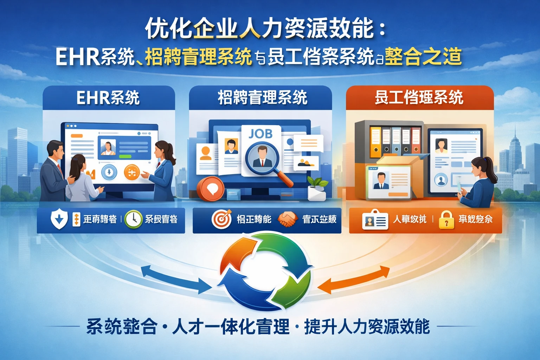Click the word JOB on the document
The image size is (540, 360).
[x=261, y=134]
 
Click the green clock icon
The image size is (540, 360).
[x=133, y=219]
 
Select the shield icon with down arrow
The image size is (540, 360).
[x=59, y=219]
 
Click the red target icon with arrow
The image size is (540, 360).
[x=221, y=219]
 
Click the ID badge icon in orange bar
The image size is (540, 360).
[x=375, y=220]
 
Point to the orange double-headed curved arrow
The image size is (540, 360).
[x=355, y=280]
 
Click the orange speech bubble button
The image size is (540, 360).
[x=211, y=188]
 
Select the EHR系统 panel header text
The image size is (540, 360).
[x=108, y=98]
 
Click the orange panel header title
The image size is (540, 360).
[x=419, y=98]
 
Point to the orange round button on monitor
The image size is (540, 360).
[x=132, y=172]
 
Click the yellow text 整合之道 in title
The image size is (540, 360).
[x=423, y=57]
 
